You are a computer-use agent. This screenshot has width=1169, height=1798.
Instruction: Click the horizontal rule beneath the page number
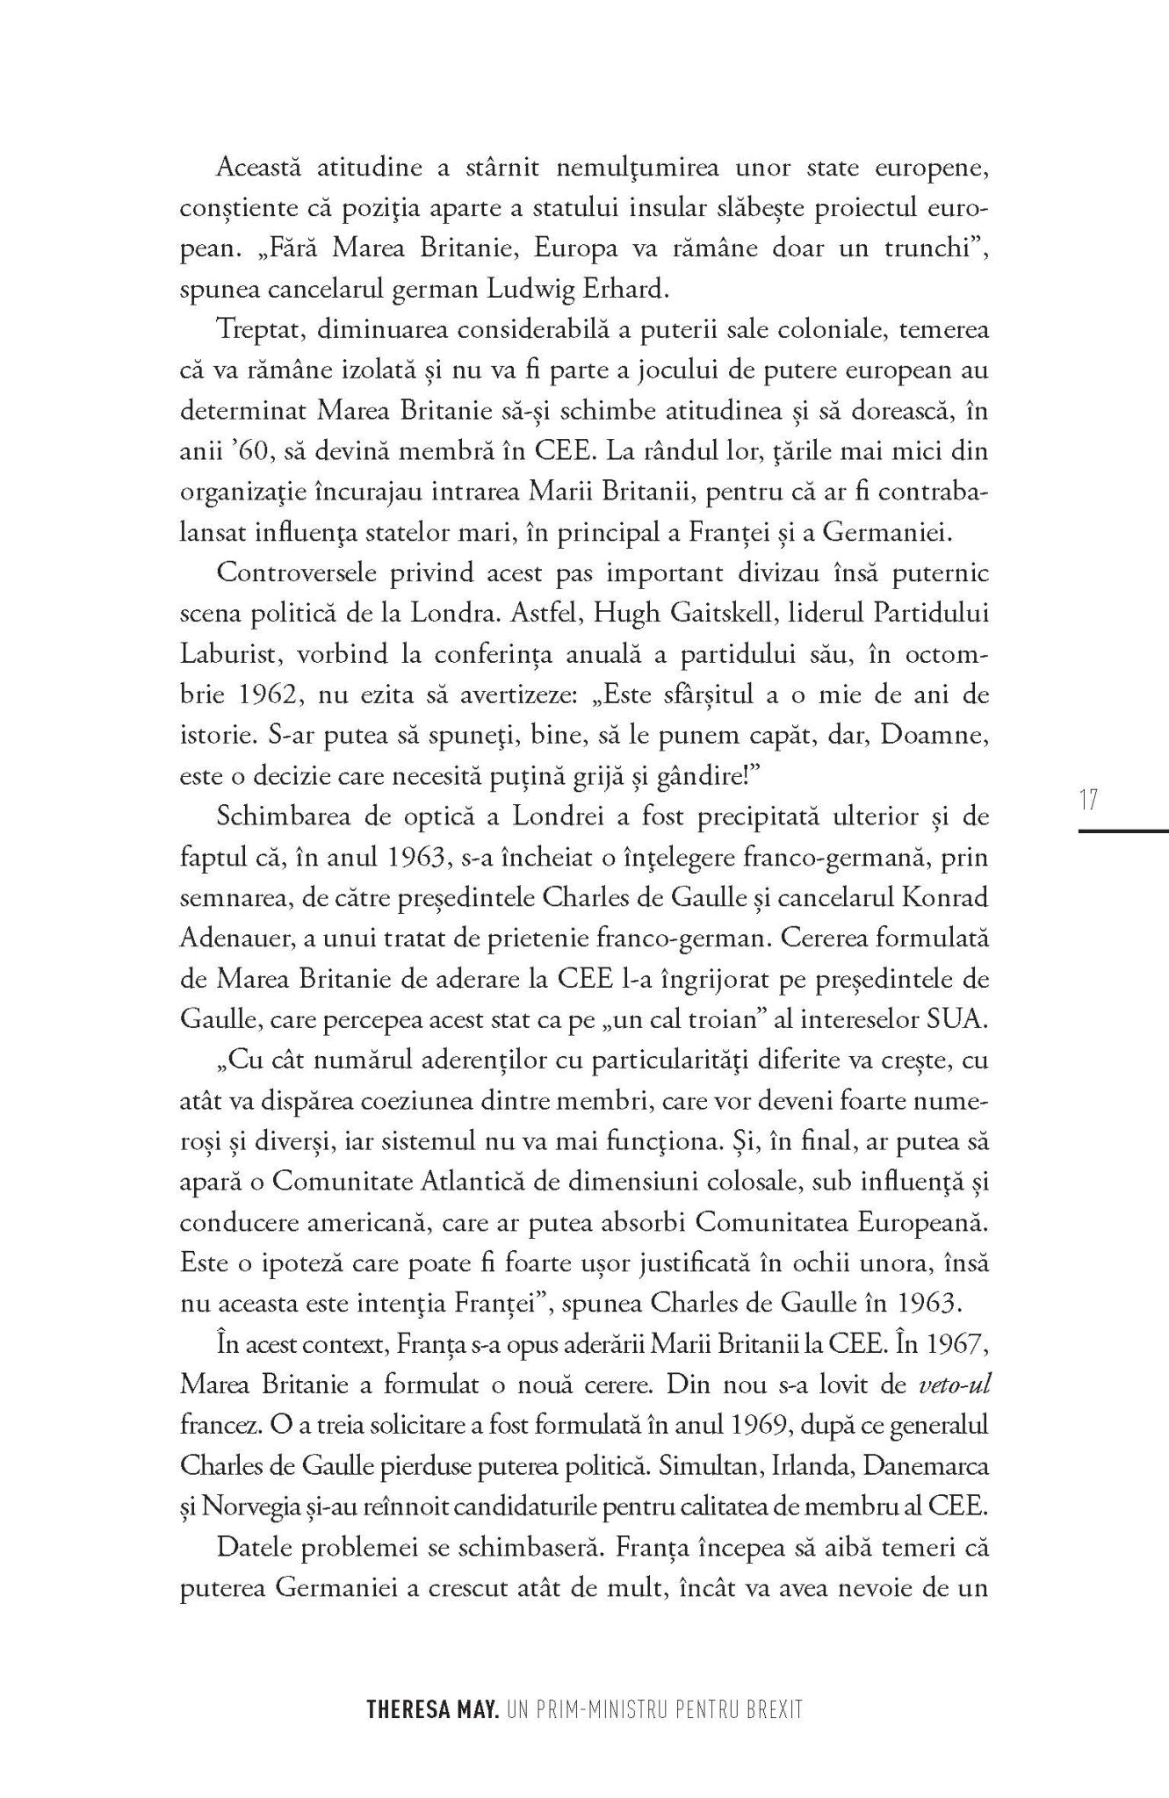coord(1123,830)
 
